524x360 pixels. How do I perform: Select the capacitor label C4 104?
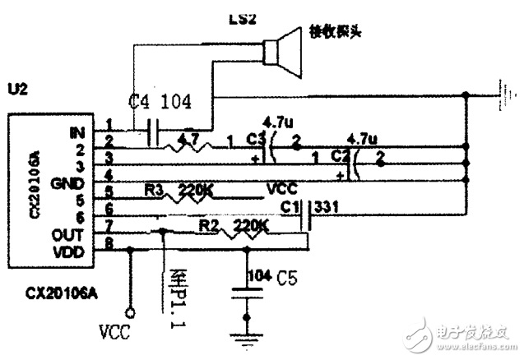tap(161, 102)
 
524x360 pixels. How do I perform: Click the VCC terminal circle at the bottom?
tap(128, 312)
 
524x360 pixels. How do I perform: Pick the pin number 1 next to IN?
tap(109, 124)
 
